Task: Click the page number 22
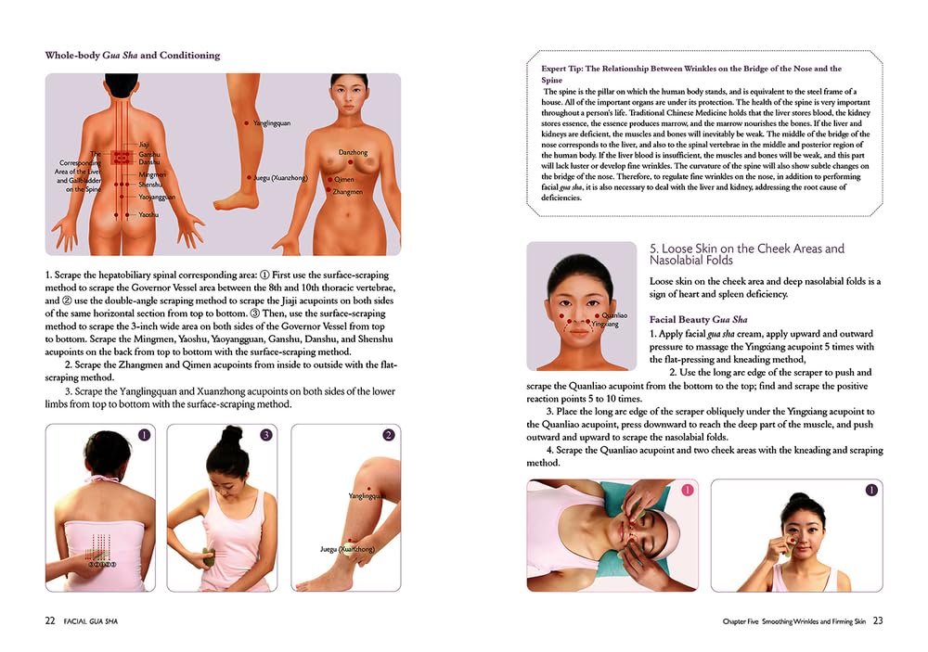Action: coord(50,620)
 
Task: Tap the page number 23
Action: coord(878,620)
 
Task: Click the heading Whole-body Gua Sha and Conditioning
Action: coord(133,56)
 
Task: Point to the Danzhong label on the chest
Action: coord(353,153)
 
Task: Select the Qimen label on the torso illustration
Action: coord(344,179)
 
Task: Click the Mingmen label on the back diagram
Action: coord(152,175)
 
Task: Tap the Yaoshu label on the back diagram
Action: coord(148,215)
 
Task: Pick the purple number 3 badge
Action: coord(265,435)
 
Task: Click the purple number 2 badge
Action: coord(388,435)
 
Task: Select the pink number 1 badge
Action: coord(687,490)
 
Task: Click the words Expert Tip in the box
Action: coord(561,69)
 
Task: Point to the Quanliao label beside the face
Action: coord(614,316)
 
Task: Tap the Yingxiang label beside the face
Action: coord(605,325)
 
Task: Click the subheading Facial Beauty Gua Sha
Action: coord(699,319)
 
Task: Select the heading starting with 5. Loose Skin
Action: coord(747,254)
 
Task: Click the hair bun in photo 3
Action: coord(232,437)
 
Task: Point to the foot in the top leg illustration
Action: coord(236,201)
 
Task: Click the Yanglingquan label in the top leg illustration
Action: coord(272,123)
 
